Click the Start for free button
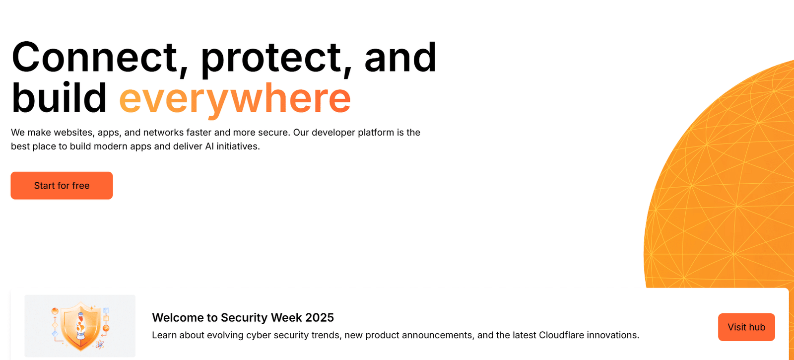pyautogui.click(x=62, y=186)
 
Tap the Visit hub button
pyautogui.click(x=746, y=327)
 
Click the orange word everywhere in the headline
pyautogui.click(x=235, y=99)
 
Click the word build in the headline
pyautogui.click(x=59, y=97)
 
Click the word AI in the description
pyautogui.click(x=209, y=146)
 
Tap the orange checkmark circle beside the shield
pyautogui.click(x=106, y=328)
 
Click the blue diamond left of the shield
pyautogui.click(x=55, y=334)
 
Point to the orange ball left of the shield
pyautogui.click(x=55, y=311)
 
